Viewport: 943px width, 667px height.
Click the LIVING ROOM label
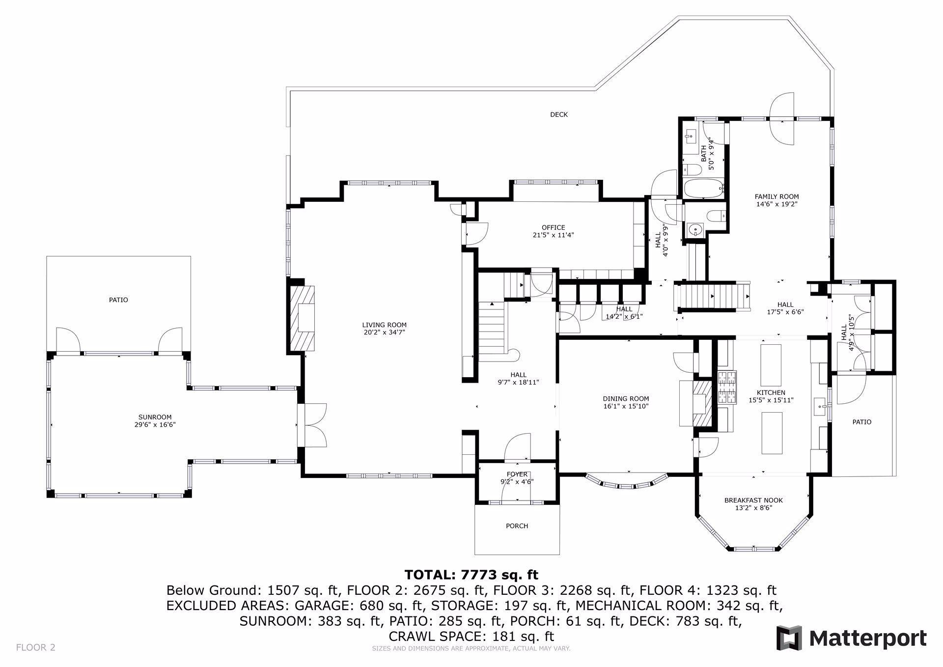click(x=384, y=325)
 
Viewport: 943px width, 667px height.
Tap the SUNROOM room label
click(x=155, y=417)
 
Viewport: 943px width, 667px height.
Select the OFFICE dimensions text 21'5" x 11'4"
click(x=554, y=235)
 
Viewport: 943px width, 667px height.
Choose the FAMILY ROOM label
click(x=777, y=196)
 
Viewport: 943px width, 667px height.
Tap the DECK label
click(x=559, y=114)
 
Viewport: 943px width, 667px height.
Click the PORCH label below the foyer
click(x=517, y=526)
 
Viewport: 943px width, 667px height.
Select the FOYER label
click(x=517, y=474)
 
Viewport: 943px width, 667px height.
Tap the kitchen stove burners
click(x=727, y=388)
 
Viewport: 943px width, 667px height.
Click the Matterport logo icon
click(x=789, y=638)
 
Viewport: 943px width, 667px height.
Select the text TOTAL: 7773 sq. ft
click(x=471, y=574)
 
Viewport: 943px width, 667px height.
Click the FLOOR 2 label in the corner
click(x=36, y=647)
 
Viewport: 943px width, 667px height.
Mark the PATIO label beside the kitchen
click(x=862, y=421)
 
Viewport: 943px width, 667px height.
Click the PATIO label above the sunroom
click(x=118, y=300)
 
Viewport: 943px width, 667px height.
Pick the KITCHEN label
click(x=771, y=392)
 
